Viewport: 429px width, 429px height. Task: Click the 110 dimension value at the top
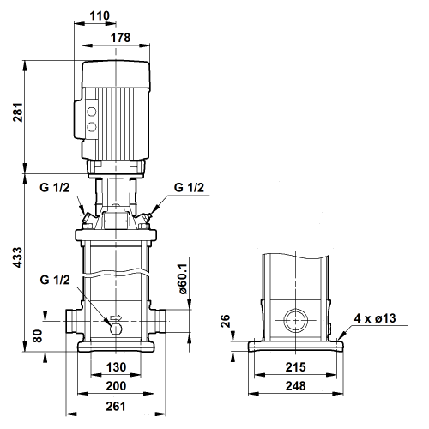(100, 15)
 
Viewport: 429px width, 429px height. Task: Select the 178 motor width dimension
(120, 38)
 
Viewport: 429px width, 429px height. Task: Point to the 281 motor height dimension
(18, 112)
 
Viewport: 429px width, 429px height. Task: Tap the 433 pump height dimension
(18, 257)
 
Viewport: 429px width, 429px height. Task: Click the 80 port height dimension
(38, 336)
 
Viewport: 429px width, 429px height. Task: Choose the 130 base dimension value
(116, 367)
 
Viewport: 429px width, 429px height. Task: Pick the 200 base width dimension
(116, 386)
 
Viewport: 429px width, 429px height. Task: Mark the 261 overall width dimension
(116, 407)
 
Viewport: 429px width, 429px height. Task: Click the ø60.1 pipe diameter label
(182, 279)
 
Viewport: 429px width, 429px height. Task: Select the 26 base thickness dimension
(226, 321)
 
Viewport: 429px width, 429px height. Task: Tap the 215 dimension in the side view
(296, 367)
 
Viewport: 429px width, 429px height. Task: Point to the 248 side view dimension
(296, 386)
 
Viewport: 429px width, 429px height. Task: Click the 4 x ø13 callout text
(375, 318)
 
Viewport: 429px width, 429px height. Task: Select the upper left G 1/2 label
(55, 188)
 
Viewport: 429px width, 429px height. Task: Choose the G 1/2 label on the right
(189, 188)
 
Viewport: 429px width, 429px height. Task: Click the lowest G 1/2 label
(55, 280)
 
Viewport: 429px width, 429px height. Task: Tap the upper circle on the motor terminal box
(92, 112)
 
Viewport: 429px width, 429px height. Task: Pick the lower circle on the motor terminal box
(92, 126)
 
